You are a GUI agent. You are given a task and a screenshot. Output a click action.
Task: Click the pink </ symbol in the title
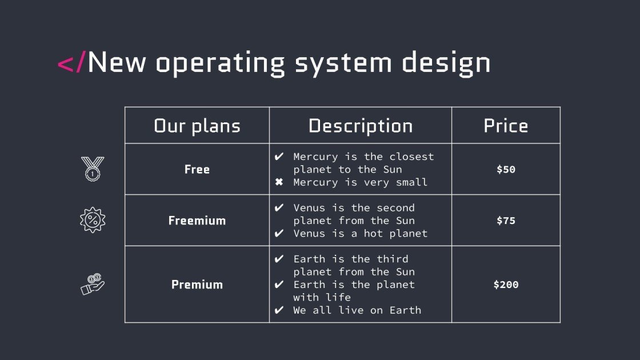click(x=71, y=62)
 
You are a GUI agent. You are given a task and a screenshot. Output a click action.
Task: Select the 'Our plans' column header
click(x=197, y=126)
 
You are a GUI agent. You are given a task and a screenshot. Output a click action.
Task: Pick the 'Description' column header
click(x=361, y=126)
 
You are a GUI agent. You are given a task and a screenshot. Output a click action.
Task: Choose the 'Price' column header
click(x=506, y=126)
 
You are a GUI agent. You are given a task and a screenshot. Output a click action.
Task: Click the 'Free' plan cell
click(x=197, y=169)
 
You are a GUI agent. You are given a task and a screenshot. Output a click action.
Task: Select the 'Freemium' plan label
click(x=197, y=221)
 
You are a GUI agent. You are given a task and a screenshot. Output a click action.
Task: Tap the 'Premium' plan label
click(x=197, y=285)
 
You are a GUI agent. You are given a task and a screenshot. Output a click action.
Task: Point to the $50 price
click(x=506, y=169)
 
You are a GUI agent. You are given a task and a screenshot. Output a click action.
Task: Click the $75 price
click(x=506, y=221)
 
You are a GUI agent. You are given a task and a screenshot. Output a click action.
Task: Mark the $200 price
click(x=506, y=285)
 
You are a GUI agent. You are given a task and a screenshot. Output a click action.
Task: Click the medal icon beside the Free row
click(x=93, y=169)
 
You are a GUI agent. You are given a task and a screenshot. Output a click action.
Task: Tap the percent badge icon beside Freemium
click(x=93, y=220)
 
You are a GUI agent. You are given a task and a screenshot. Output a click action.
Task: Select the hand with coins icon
click(x=93, y=284)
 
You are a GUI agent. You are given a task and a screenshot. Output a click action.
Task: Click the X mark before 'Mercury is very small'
click(x=279, y=182)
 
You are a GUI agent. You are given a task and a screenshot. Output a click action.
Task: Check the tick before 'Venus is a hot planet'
click(x=279, y=233)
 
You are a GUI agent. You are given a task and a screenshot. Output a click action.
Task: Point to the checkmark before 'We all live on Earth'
click(x=279, y=310)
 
